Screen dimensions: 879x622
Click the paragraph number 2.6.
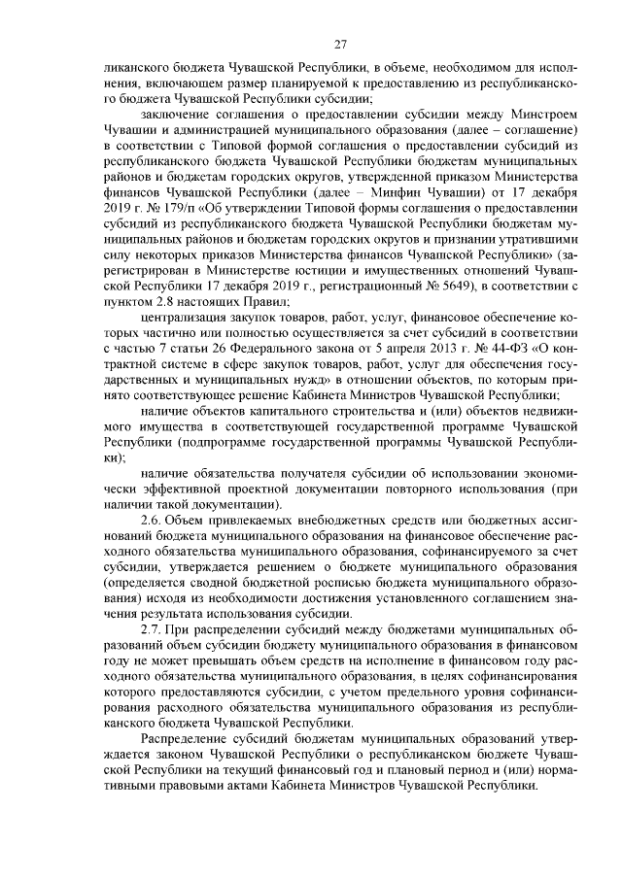click(153, 519)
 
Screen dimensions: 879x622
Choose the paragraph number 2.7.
click(153, 628)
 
